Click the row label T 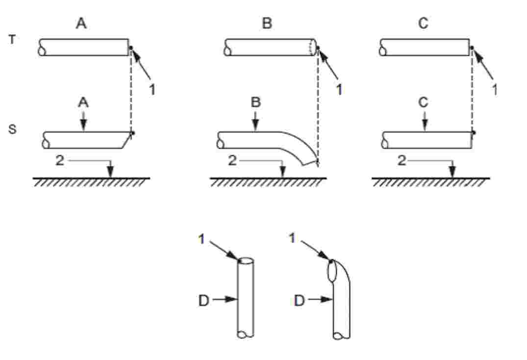pyautogui.click(x=12, y=40)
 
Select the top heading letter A pyautogui.click(x=81, y=23)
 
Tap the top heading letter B pyautogui.click(x=267, y=23)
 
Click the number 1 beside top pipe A pyautogui.click(x=152, y=90)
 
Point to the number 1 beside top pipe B pyautogui.click(x=339, y=90)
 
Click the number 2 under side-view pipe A pyautogui.click(x=59, y=160)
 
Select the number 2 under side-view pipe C pyautogui.click(x=402, y=160)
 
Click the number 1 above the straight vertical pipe pyautogui.click(x=201, y=239)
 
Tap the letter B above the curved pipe pyautogui.click(x=256, y=102)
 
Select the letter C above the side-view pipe pyautogui.click(x=424, y=102)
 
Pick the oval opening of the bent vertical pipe pyautogui.click(x=332, y=270)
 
